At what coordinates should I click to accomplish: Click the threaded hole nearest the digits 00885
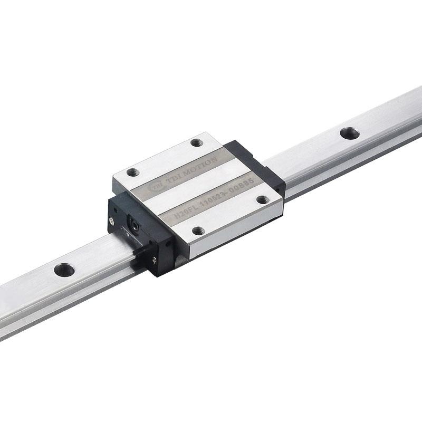click(262, 199)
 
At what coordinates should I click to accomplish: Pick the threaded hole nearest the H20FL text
click(198, 231)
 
